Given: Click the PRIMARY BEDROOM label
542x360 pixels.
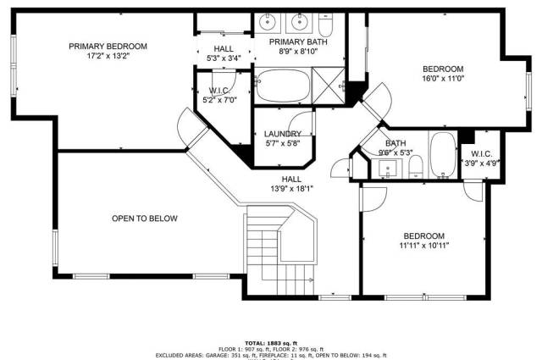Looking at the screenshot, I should pyautogui.click(x=108, y=47).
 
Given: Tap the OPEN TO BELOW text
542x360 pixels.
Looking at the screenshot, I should pyautogui.click(x=145, y=219).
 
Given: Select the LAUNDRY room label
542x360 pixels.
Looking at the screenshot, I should pyautogui.click(x=283, y=134).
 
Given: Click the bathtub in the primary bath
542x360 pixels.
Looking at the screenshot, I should pyautogui.click(x=283, y=86).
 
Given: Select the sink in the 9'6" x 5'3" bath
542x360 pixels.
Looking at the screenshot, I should pyautogui.click(x=387, y=169).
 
